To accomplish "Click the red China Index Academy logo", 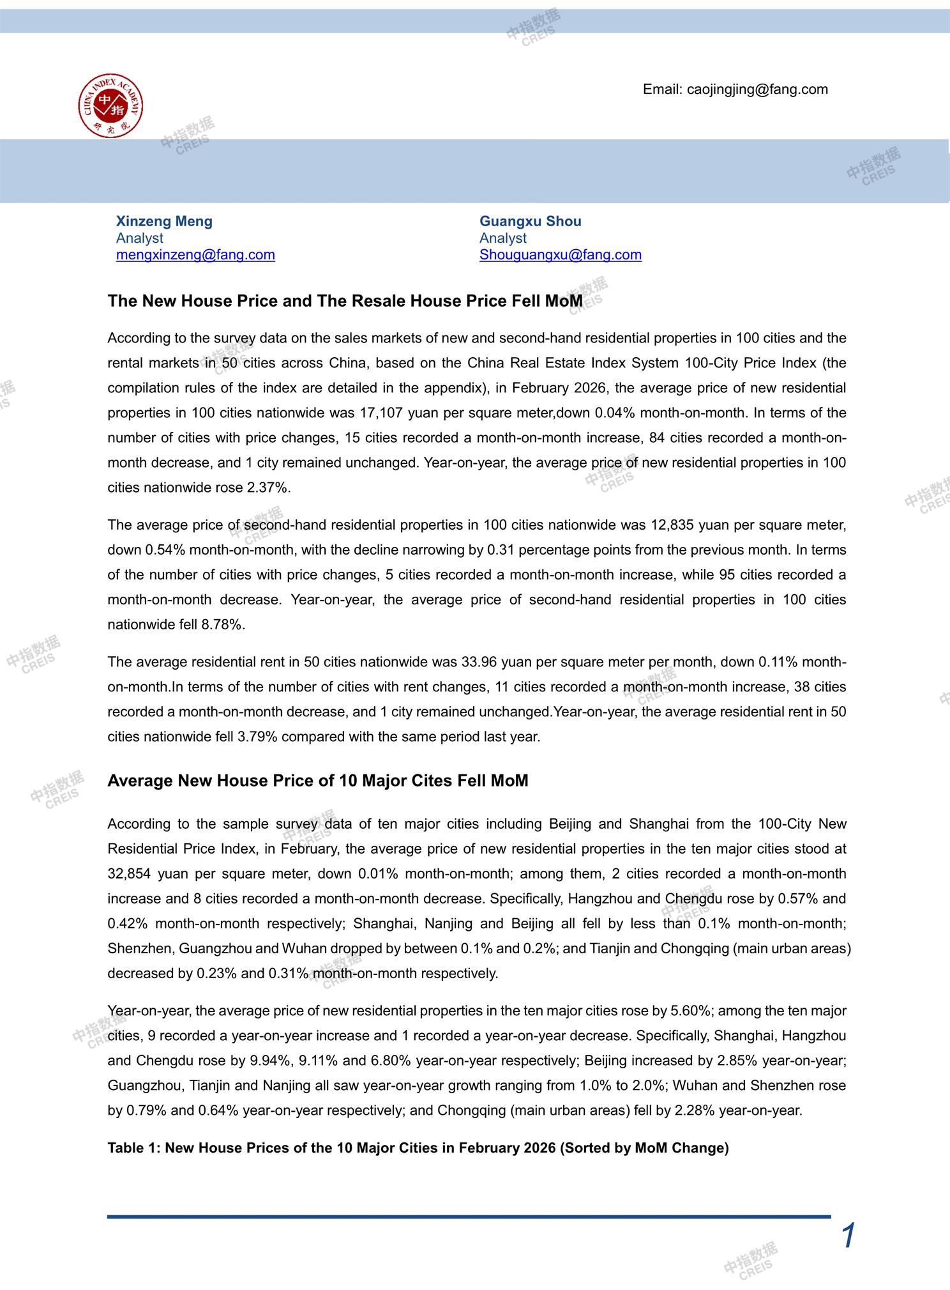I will click(110, 105).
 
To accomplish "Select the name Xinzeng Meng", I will click(164, 221).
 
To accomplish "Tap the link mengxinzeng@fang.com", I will click(195, 254).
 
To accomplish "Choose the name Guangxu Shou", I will click(530, 221).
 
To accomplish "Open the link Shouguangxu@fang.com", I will click(560, 254).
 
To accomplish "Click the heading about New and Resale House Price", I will click(345, 301).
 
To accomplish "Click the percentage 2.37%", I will click(268, 488).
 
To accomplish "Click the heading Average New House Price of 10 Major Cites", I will click(317, 781).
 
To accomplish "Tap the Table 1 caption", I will click(418, 1148).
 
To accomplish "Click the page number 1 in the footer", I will click(848, 1236).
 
